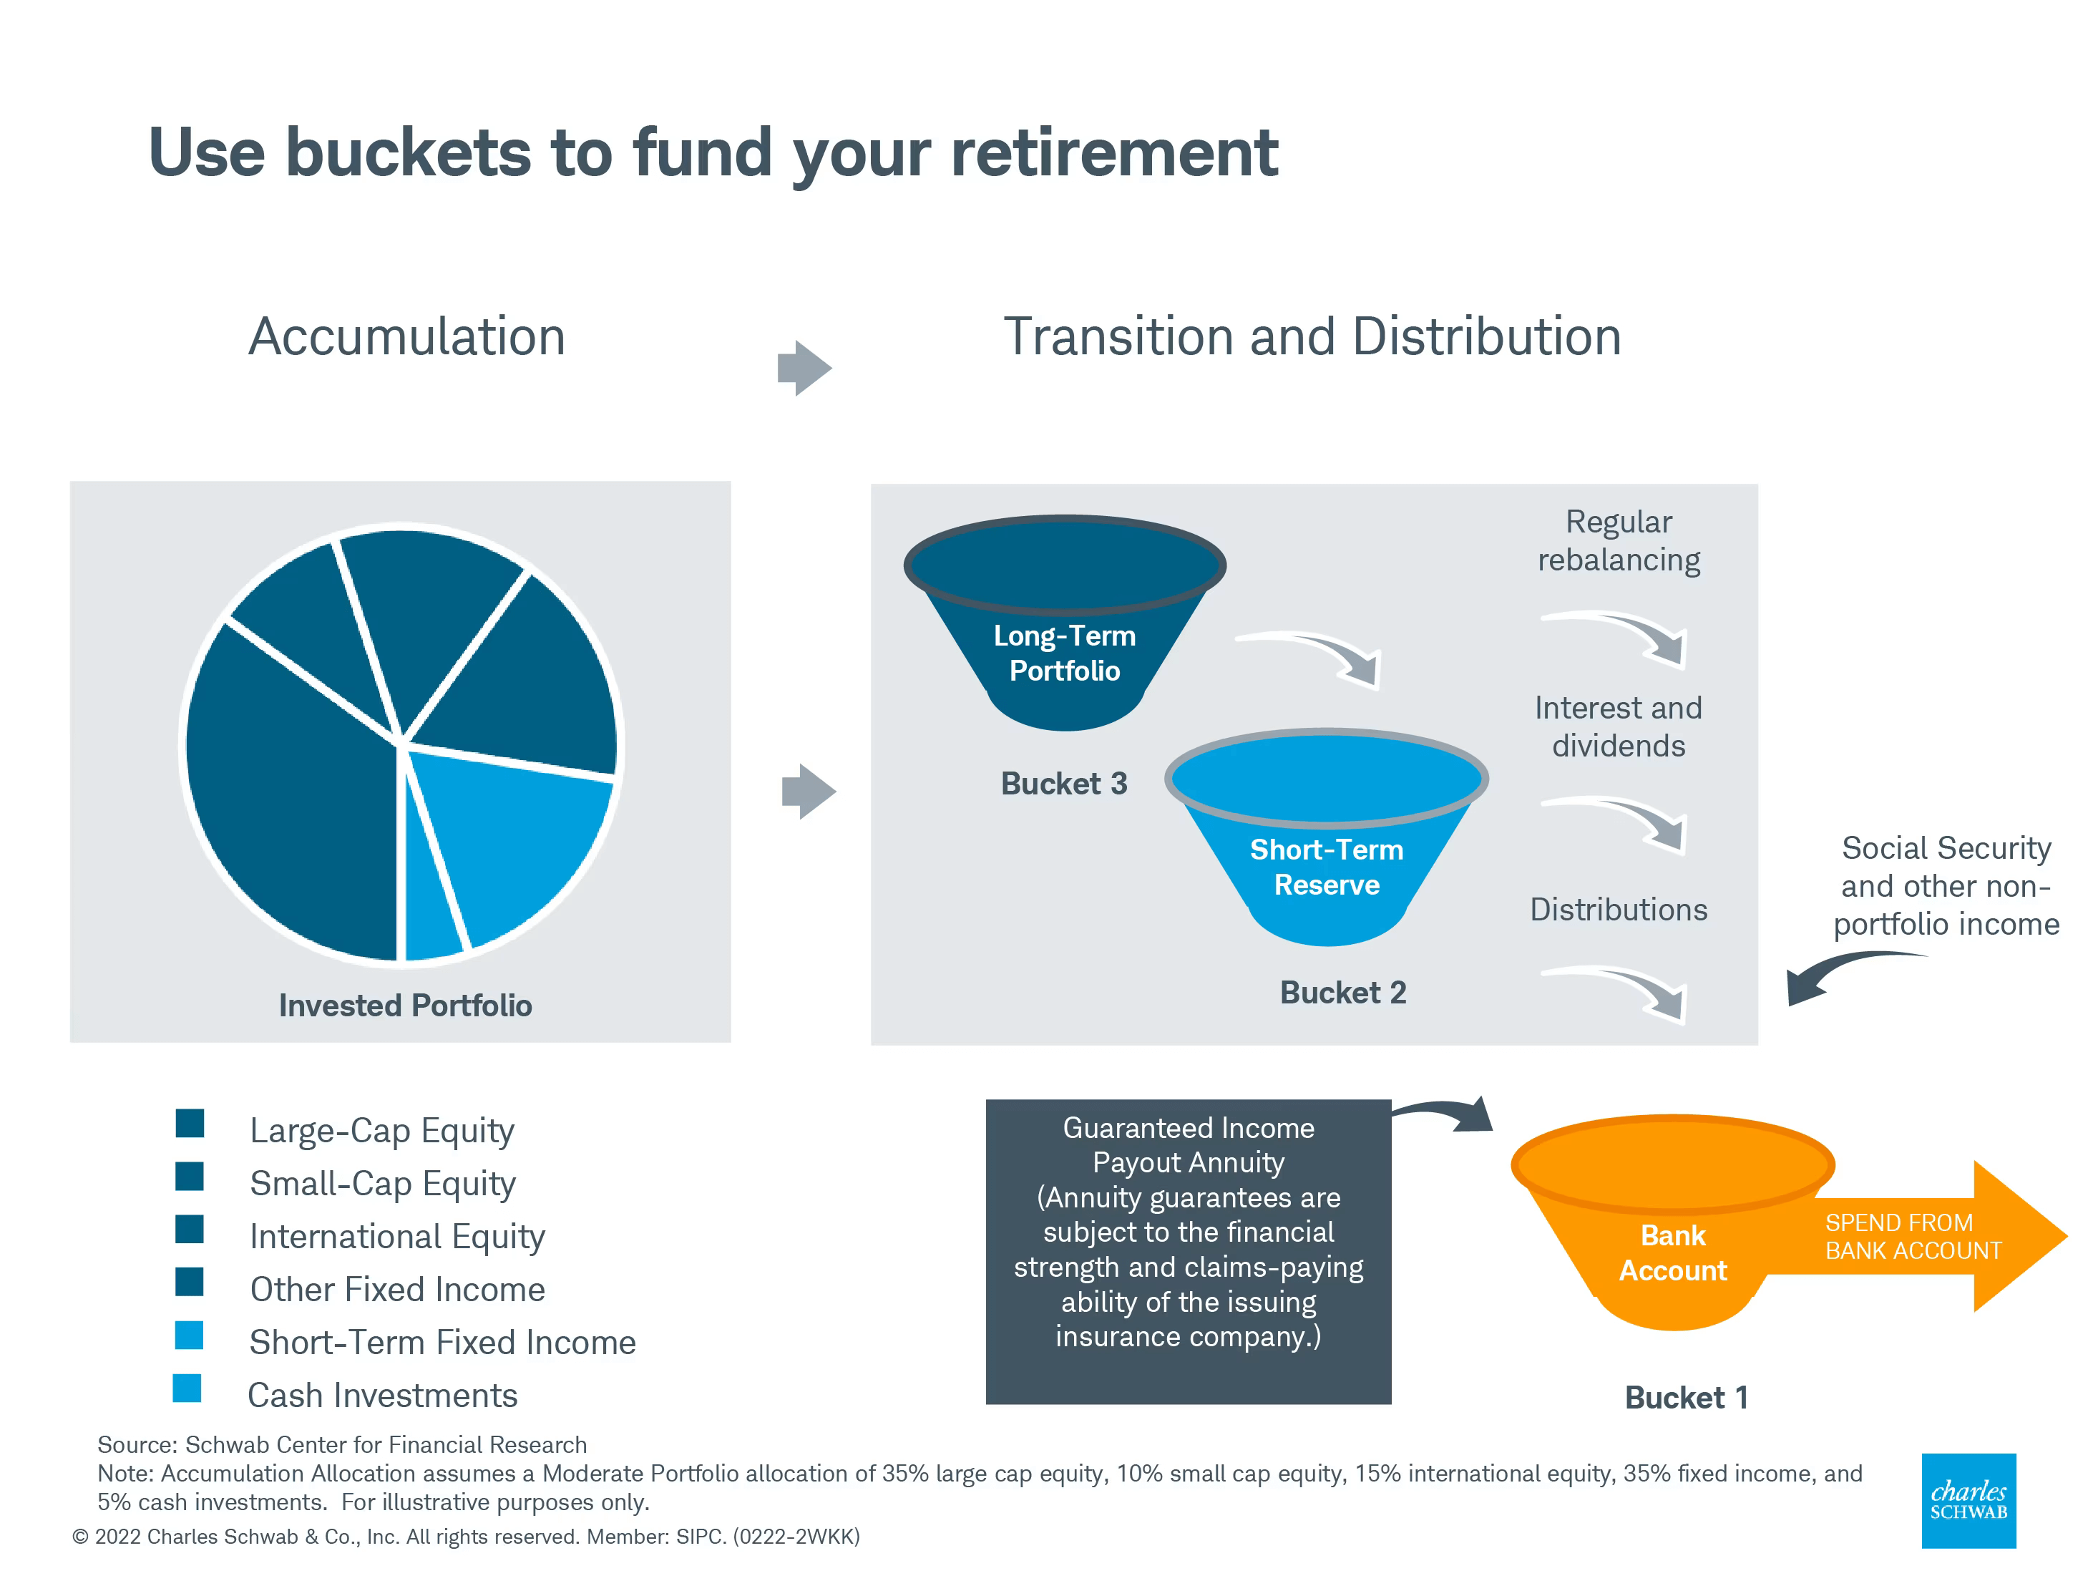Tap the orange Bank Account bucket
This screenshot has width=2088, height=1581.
(1673, 1223)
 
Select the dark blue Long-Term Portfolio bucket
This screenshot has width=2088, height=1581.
(1065, 623)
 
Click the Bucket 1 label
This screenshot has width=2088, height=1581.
(1686, 1397)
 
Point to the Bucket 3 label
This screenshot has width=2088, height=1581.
(1064, 784)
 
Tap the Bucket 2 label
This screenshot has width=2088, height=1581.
(1342, 992)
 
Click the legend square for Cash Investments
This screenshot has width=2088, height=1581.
(187, 1388)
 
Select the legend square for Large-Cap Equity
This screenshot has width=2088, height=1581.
(190, 1123)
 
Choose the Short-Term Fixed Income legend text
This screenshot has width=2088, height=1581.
(443, 1342)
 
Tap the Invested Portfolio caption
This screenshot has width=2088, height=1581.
(405, 1006)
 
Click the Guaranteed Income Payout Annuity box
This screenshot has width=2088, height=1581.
(1189, 1252)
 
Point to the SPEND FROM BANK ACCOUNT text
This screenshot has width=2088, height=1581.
(1913, 1237)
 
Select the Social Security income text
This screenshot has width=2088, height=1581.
(1946, 885)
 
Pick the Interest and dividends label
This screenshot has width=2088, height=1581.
(1618, 726)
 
